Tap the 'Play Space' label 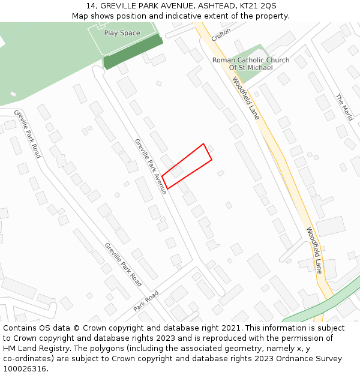122,33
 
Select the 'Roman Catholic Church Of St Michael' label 251,64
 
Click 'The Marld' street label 344,107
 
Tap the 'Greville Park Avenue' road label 151,166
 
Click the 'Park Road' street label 146,300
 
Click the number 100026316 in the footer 25,369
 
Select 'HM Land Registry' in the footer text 34,349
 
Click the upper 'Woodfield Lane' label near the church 245,98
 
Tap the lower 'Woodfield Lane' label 314,250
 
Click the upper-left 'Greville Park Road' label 28,133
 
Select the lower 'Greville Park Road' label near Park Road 124,264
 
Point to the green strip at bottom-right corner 324,303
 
